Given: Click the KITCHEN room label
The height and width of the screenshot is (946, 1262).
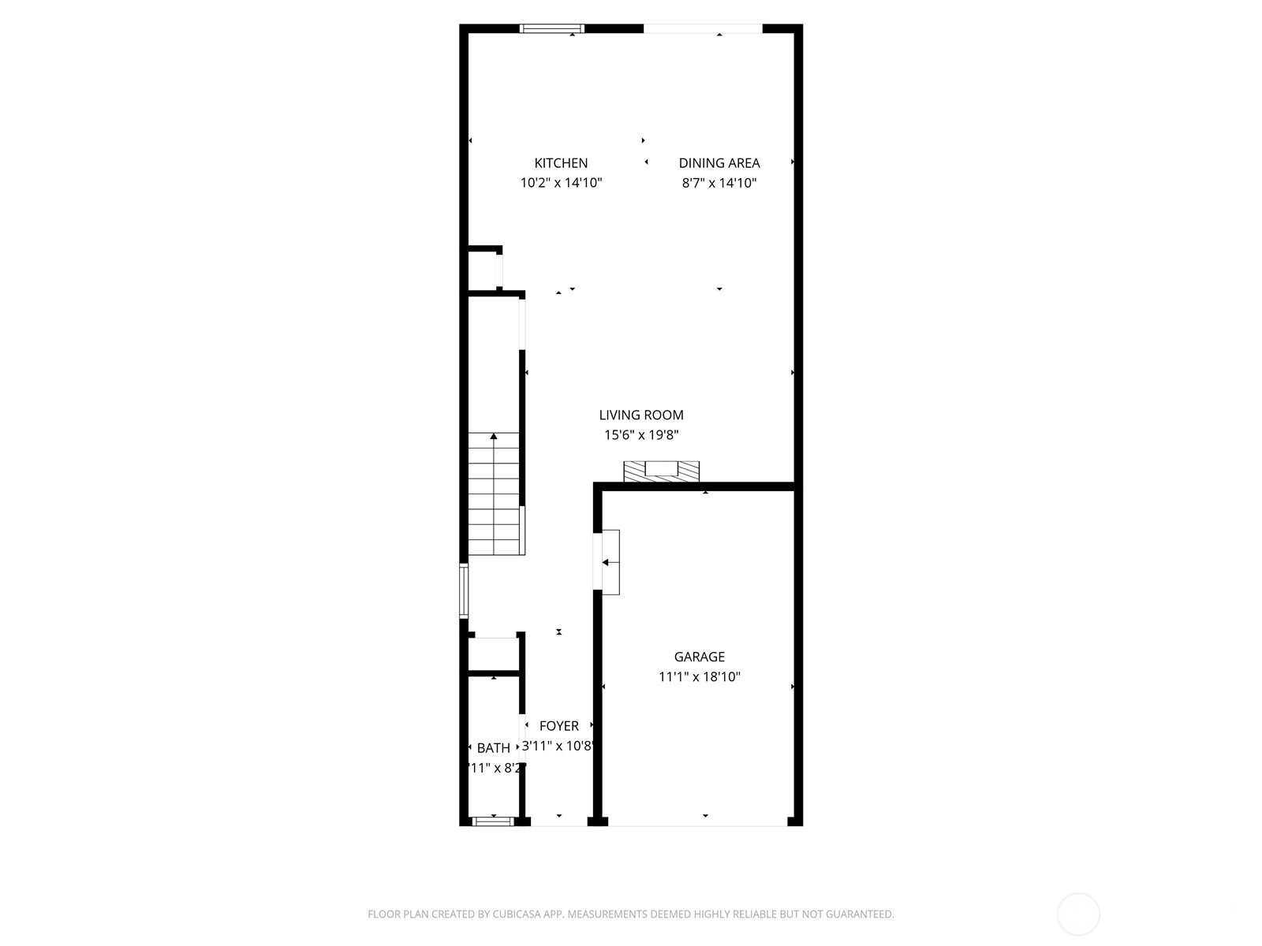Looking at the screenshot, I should pos(561,163).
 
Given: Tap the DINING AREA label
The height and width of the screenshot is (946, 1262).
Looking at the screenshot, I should pos(719,163).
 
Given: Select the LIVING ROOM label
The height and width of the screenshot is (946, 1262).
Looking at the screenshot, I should pos(641,415).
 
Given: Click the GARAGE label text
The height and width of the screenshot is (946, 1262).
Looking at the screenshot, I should pos(699,657).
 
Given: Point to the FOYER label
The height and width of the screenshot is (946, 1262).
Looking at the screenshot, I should pos(559,726).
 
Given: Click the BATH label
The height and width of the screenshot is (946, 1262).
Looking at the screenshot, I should pos(494,748).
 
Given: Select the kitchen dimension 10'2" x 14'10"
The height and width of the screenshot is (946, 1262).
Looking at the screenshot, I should pos(561,183).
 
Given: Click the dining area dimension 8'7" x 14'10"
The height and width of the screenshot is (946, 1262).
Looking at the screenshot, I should pos(719,183).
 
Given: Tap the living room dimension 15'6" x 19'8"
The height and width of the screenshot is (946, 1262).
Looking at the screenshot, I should pos(641,434).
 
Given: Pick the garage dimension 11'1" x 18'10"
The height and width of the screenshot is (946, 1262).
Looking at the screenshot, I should pos(699,676).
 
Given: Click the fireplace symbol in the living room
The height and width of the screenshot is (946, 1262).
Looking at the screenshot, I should pos(661,471).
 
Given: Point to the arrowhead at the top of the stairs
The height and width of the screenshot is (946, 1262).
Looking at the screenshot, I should pos(494,436).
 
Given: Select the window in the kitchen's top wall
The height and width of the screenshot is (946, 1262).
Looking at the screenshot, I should pos(551,29).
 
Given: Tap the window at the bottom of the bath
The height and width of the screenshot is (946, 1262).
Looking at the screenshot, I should pos(493,821).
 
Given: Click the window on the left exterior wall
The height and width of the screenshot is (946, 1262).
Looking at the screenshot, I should pos(465,590).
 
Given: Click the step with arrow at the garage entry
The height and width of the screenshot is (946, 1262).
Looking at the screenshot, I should pos(610,562).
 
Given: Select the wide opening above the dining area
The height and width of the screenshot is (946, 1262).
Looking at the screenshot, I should pos(703,29).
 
